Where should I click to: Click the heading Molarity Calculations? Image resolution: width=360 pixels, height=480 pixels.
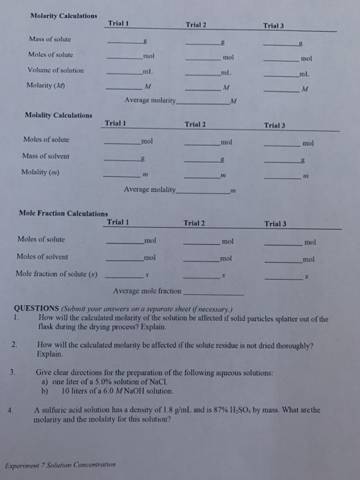coord(64,16)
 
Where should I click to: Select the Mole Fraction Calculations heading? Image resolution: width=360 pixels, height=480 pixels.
coord(64,214)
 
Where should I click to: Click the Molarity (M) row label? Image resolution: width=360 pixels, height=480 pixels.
coord(48,87)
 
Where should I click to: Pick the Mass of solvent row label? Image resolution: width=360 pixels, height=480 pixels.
coord(45,156)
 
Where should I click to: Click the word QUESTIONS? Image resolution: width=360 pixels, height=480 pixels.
coord(37,309)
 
